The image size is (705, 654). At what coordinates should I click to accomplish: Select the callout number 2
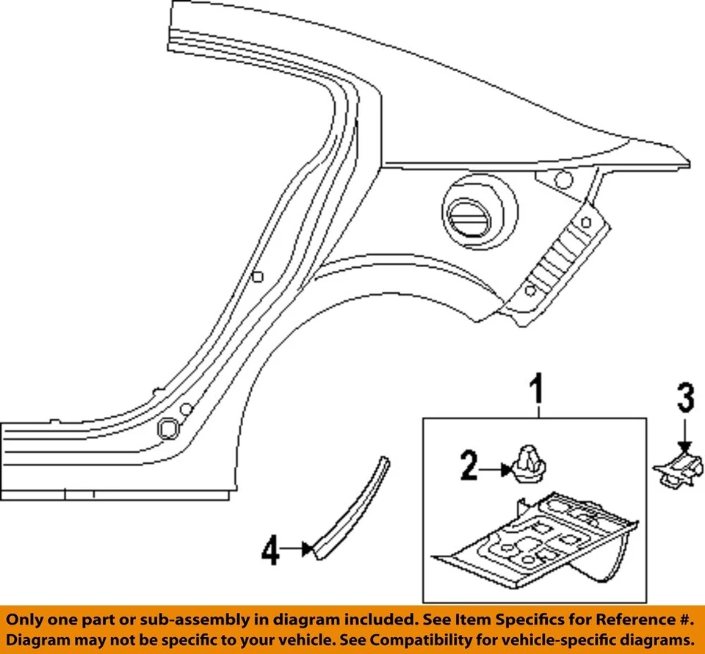(x=469, y=466)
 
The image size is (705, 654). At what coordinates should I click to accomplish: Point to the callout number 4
(x=271, y=551)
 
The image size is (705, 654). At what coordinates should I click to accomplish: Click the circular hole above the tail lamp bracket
(x=563, y=178)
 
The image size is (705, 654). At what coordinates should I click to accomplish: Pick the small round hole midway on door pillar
(x=257, y=276)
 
